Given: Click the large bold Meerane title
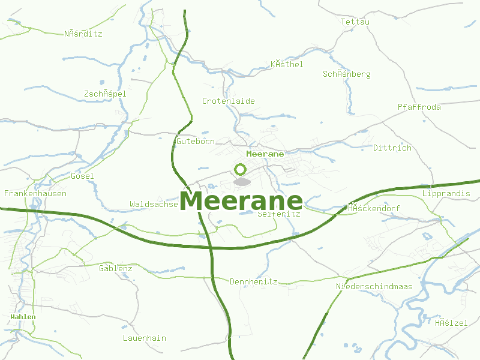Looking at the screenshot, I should point(241,201).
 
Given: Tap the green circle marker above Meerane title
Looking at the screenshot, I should point(241,170).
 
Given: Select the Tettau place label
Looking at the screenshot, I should point(355,22).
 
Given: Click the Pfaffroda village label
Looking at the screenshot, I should point(419,107).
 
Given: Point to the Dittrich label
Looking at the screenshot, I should point(392,148).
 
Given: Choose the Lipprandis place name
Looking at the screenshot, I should point(446,194).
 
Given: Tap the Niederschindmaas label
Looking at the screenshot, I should point(374,286).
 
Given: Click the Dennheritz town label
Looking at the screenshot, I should point(253,281).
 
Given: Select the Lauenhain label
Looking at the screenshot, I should point(144,338).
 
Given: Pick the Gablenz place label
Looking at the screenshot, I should point(115,268).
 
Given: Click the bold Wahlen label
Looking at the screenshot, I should point(23,316).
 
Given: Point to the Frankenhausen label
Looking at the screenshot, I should point(35,194).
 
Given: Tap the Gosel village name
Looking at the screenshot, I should point(82,176).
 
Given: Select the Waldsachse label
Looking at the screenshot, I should point(154,205).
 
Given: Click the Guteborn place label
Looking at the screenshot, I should point(195,142).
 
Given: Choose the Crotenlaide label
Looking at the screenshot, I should point(228,101).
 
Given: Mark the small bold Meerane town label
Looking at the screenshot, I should point(265,154).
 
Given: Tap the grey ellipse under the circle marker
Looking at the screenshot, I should point(241,181).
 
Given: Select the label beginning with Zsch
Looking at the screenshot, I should point(105,94).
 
